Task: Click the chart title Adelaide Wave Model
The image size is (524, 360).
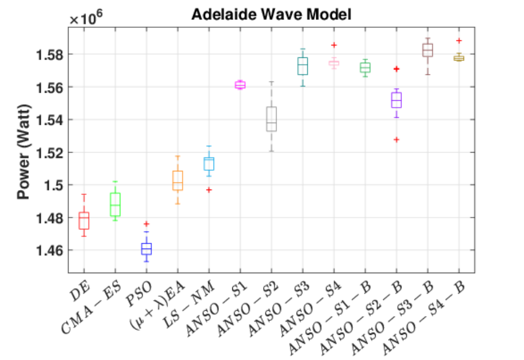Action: [271, 14]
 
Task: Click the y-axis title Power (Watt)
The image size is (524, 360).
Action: [24, 152]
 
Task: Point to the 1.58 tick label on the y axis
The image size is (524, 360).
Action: [49, 55]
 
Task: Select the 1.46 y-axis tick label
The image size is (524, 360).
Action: [49, 250]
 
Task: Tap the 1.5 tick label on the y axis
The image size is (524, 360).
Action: [54, 185]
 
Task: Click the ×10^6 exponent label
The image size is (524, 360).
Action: [86, 17]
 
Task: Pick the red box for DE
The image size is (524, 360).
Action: [84, 221]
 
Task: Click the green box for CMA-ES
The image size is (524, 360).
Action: [115, 205]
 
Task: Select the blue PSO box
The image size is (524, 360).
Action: [146, 249]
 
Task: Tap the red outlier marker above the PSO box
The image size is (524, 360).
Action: [146, 224]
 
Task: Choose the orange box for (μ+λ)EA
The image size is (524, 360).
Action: [178, 181]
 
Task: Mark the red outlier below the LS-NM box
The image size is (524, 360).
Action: [209, 190]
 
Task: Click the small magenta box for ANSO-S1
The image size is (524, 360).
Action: [240, 85]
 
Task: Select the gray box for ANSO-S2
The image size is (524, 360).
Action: [271, 119]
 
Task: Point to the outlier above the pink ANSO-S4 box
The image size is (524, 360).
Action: [334, 45]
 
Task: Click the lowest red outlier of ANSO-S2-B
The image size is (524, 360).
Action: [396, 139]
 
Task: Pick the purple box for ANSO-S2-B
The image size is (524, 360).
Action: [396, 100]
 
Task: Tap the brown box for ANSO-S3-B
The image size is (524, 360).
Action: [428, 50]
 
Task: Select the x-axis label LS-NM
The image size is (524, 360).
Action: [189, 304]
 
